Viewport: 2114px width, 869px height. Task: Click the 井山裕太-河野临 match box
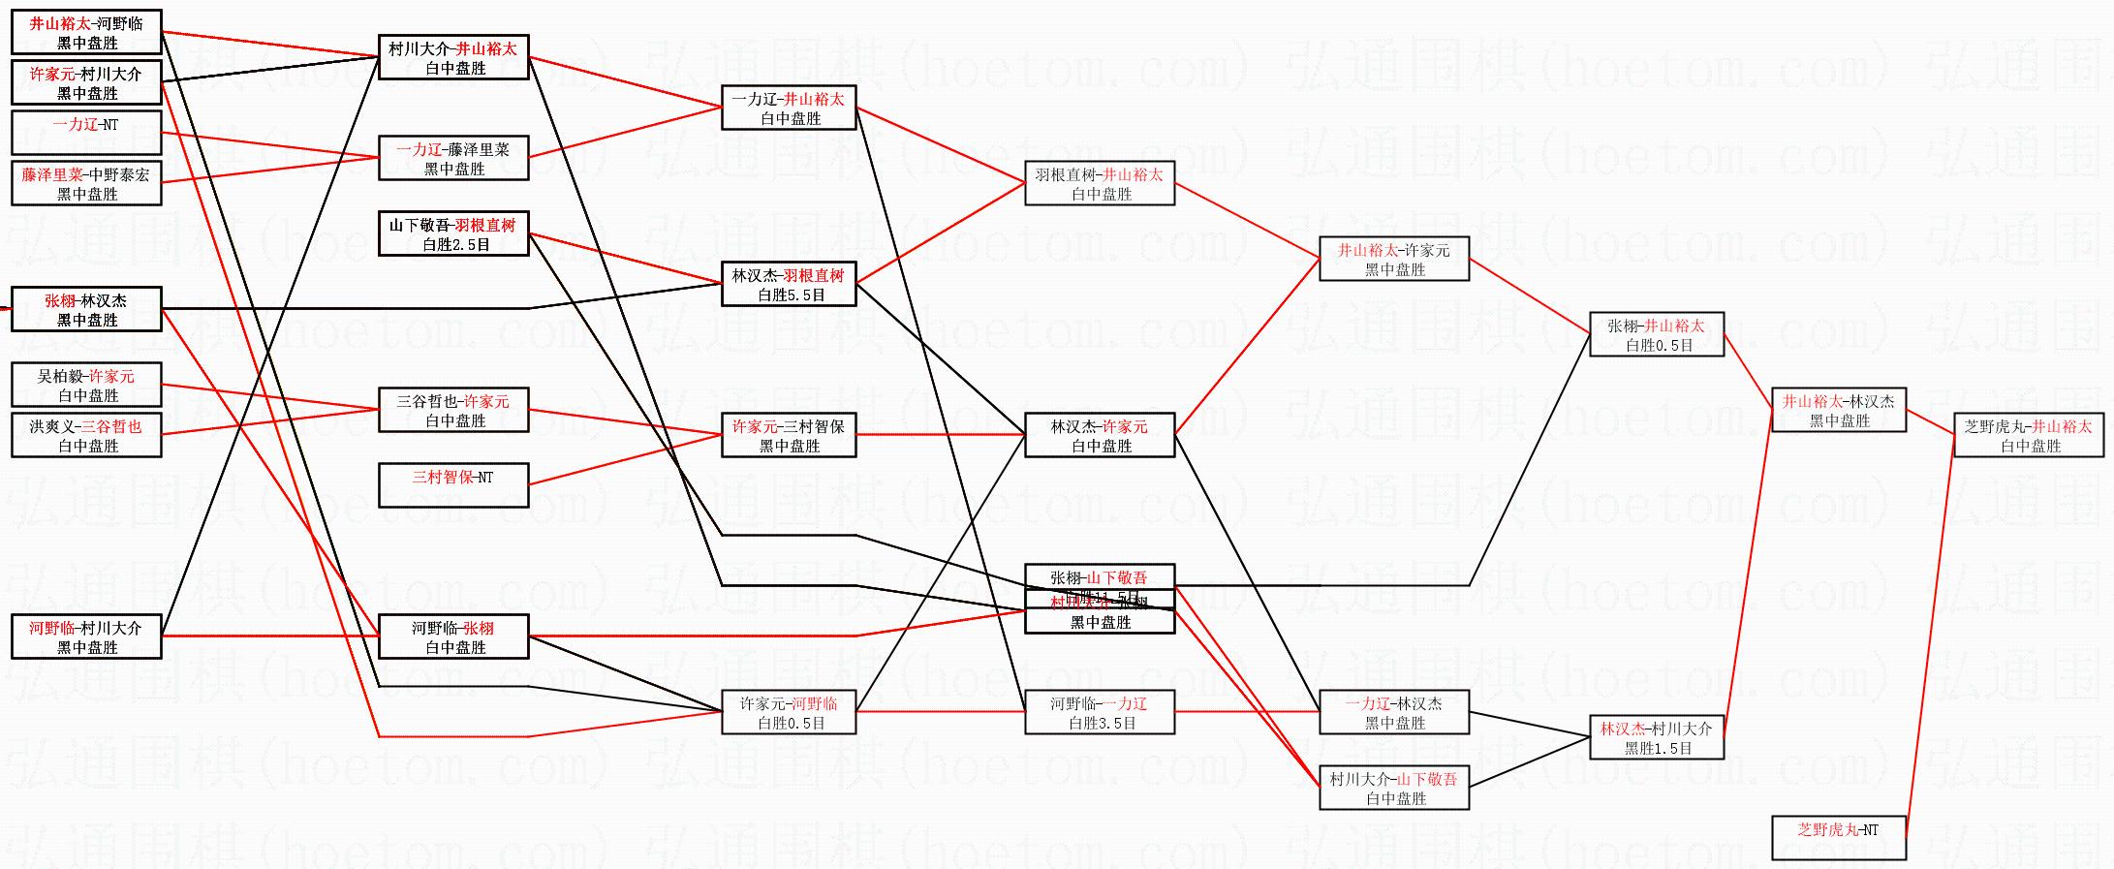[86, 32]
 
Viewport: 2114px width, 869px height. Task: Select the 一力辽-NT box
[86, 133]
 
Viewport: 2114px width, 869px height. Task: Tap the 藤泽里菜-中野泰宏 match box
[86, 183]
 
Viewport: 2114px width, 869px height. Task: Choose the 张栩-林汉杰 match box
[86, 309]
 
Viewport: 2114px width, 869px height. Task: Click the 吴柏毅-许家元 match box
[86, 385]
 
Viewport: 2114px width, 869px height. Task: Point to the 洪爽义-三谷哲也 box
[86, 435]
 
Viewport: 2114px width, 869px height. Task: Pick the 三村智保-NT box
[453, 485]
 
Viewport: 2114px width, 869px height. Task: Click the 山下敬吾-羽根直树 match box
[453, 233]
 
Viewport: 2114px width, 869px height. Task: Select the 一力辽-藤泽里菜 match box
[453, 158]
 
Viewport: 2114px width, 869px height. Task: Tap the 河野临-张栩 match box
[453, 636]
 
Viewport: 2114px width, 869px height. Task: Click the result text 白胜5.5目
[791, 295]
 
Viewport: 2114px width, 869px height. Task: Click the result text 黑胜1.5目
[1658, 748]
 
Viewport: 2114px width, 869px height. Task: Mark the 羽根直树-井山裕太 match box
[1100, 183]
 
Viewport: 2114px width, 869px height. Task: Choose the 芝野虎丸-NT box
[1839, 838]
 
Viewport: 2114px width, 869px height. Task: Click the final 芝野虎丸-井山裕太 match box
[2029, 435]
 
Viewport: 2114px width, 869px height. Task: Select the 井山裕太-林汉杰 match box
[1839, 410]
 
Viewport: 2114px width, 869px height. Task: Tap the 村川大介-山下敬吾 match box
[1394, 788]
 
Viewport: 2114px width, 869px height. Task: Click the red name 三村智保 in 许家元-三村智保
[814, 426]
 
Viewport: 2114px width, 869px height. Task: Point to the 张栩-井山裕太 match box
[1657, 334]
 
